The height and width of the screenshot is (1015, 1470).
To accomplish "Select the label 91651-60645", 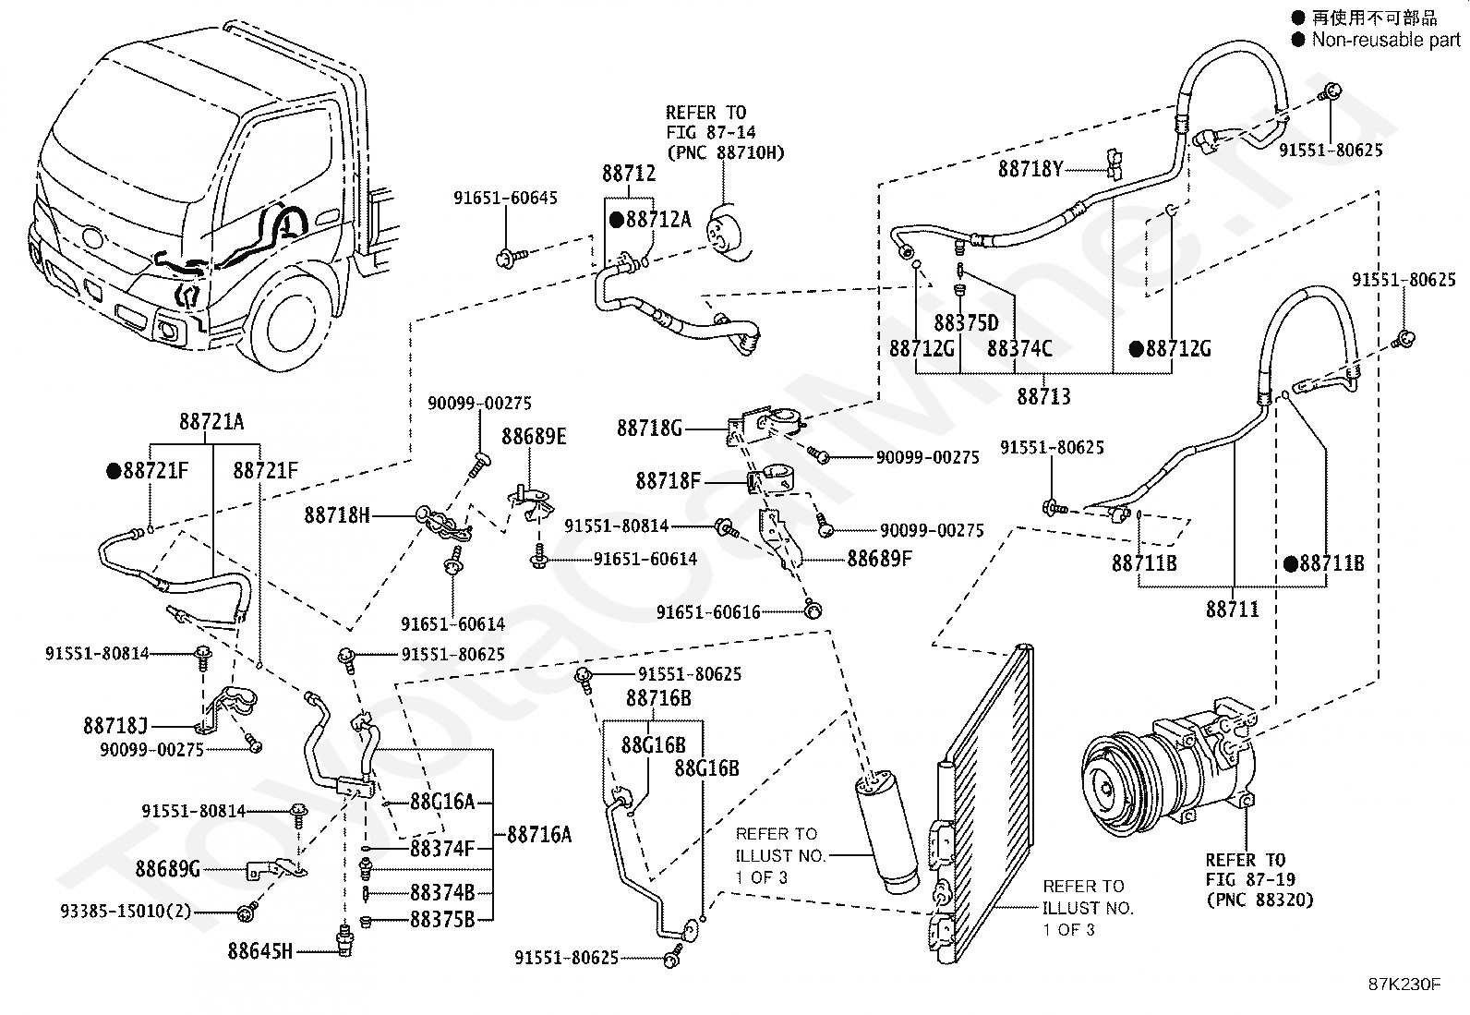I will click(x=505, y=198).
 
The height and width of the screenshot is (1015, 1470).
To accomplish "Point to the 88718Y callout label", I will click(x=1030, y=169).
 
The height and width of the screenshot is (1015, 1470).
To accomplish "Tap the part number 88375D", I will click(x=966, y=323).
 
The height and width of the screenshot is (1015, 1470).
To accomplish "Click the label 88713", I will click(x=1043, y=396).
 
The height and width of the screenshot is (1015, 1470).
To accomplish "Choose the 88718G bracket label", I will click(x=649, y=428).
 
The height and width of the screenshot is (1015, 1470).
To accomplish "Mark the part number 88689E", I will click(x=534, y=436).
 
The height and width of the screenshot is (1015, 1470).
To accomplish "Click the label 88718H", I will click(x=337, y=515).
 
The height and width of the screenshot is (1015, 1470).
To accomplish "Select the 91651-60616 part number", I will click(x=708, y=612).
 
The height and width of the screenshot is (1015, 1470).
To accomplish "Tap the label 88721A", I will click(x=211, y=421).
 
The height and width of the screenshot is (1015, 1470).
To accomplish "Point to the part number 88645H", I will click(x=260, y=949).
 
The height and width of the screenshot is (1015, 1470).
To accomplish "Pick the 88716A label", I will click(x=539, y=835).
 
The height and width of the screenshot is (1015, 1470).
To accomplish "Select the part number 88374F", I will click(x=442, y=848).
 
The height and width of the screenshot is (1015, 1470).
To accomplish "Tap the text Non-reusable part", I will click(x=1385, y=40).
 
